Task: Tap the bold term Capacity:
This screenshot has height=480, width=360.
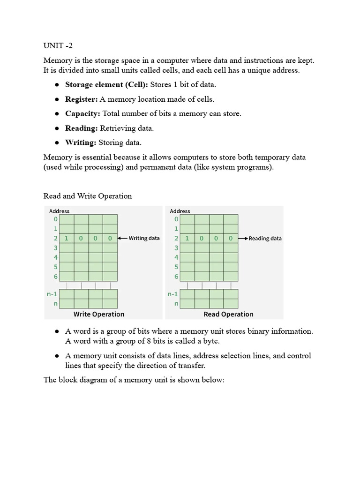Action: pos(83,114)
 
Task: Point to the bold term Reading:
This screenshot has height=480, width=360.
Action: pos(82,128)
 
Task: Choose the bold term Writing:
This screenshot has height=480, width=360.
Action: pos(81,142)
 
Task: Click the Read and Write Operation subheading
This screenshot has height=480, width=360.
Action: pos(88,196)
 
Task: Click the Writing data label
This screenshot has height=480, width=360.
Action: pos(144,238)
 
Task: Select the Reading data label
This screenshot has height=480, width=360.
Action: pos(265,238)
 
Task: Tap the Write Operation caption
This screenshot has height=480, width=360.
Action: pos(99,314)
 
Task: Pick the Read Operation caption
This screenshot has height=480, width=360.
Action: pos(228,314)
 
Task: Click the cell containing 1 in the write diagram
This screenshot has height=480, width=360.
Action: pos(67,238)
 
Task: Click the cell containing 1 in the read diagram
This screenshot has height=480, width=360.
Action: pos(187,238)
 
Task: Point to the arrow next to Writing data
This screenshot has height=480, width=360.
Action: pos(122,238)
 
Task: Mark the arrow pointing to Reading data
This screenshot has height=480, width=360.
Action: pos(243,238)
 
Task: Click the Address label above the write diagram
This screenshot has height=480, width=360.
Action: pos(59,211)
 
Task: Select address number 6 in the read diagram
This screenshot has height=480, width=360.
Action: pos(176,277)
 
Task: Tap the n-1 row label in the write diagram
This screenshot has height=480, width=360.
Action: pos(52,294)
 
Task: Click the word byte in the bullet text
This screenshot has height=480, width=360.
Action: pos(210,341)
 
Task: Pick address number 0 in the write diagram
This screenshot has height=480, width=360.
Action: pos(56,219)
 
